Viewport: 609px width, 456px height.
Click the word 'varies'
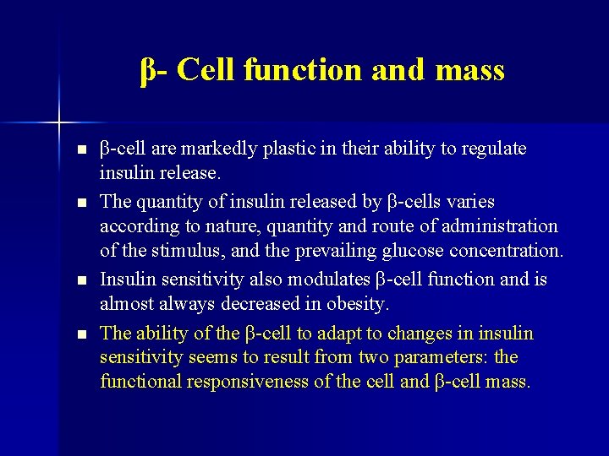click(470, 203)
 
